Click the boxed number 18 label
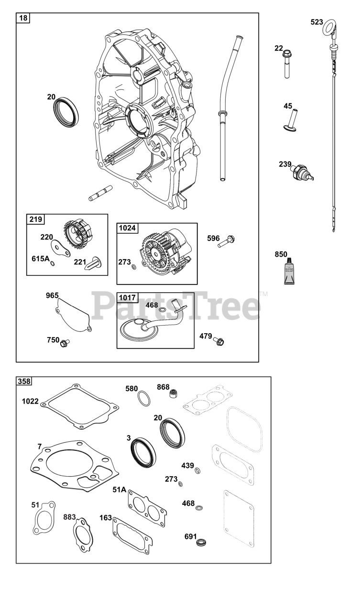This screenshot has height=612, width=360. pos(23,19)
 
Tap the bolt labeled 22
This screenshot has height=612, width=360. pos(288,64)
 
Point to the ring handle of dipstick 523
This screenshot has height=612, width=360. pos(329,28)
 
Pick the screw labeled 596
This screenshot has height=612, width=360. pos(226,241)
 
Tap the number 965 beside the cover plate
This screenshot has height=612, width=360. pos(52,295)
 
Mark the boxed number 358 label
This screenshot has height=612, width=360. pos(23,382)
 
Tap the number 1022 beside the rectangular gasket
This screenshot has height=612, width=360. pos(30,401)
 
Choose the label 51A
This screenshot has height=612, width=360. pos(120,489)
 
